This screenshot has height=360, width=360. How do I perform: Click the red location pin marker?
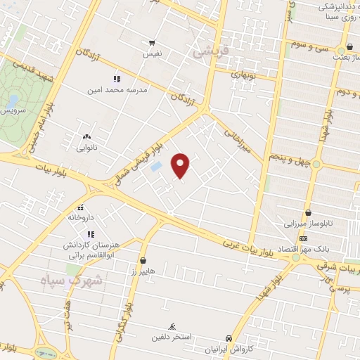click(181, 165)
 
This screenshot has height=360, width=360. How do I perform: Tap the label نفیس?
click(153, 53)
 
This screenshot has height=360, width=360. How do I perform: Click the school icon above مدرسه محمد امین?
click(117, 79)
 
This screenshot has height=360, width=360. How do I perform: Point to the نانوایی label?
click(87, 148)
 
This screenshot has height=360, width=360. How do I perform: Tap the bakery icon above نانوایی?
click(86, 137)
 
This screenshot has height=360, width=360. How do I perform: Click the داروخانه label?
click(82, 218)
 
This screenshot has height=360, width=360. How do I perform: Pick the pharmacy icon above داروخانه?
click(82, 207)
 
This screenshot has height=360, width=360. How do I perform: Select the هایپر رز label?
click(143, 271)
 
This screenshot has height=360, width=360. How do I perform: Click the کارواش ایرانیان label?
click(228, 349)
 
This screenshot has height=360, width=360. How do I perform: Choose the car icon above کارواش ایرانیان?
click(228, 338)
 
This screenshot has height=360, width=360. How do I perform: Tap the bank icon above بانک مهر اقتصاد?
click(303, 239)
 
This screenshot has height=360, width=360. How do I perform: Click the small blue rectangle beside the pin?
click(156, 167)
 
